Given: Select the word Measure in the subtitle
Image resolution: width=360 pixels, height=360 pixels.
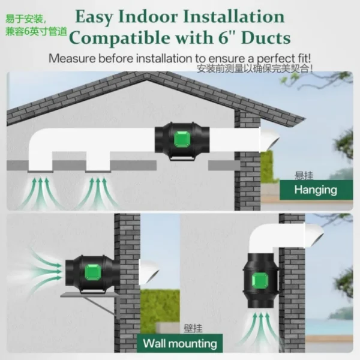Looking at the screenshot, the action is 72,58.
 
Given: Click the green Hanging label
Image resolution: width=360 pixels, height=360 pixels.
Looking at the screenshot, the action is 316,190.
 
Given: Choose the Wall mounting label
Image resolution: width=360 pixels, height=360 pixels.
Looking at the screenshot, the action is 180,343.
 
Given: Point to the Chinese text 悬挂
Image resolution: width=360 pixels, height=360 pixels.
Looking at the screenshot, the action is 304,176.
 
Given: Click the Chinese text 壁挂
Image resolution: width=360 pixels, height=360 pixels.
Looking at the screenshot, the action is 193,329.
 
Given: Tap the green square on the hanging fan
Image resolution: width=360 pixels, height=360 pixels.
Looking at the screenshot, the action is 182,139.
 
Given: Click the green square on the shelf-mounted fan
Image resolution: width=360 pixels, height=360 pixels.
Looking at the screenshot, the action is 93,272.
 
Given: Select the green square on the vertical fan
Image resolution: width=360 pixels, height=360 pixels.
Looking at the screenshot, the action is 260,281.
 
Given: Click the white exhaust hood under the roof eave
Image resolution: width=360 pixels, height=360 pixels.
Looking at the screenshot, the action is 269,140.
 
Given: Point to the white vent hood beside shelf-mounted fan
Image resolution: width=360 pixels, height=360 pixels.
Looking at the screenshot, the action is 149,272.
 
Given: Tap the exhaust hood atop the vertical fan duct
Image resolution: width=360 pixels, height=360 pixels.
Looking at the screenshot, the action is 314,235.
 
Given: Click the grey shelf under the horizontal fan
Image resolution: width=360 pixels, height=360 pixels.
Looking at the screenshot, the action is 90,295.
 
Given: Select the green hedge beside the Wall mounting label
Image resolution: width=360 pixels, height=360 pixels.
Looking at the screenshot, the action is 160,311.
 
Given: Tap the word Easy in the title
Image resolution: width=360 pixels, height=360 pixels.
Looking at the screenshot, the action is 94,17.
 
